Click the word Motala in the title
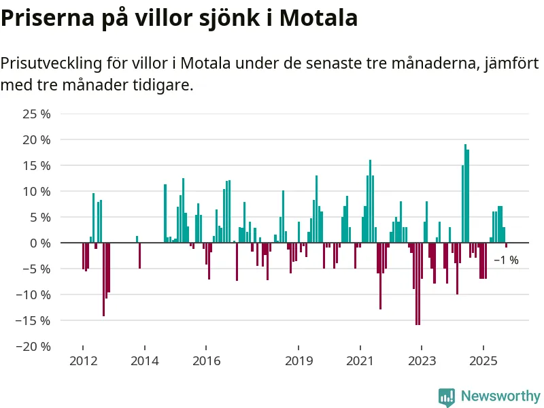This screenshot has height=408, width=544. coord(320,18)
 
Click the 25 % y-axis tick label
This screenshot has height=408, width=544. coord(37,114)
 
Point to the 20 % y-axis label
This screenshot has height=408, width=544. coord(37,139)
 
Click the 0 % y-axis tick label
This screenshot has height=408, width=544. coord(40,243)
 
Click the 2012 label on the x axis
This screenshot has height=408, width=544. coord(82,361)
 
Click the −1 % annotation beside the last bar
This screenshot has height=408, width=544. coord(506,260)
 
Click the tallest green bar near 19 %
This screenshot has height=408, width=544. coord(465,193)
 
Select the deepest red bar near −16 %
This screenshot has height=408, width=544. coord(417,284)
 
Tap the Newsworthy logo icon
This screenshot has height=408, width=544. coord(446,396)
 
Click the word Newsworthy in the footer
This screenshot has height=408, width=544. coord(500,396)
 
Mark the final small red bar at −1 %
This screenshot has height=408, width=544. coord(507,245)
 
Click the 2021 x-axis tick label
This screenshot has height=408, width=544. coord(360,361)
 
